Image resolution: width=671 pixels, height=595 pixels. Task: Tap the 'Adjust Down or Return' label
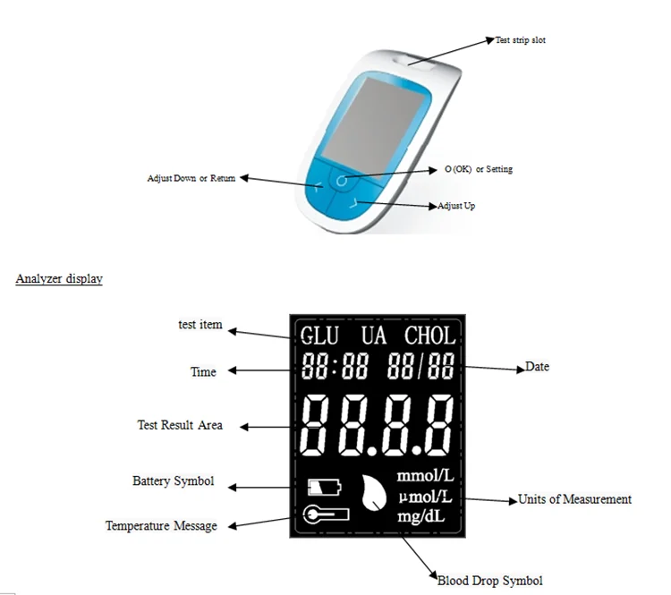(191, 178)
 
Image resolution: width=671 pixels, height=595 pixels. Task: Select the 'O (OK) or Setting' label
(479, 169)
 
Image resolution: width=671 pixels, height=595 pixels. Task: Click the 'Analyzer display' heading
(59, 279)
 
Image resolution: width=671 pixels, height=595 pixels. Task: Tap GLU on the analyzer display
(319, 336)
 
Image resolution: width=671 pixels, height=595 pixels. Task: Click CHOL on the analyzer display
(429, 336)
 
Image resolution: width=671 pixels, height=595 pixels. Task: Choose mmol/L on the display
(424, 478)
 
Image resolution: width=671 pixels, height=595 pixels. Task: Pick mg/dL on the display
(424, 516)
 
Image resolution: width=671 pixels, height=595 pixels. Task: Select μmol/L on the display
(424, 497)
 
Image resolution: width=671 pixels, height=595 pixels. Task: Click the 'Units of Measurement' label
(574, 499)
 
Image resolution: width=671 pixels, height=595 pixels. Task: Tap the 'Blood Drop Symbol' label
(489, 581)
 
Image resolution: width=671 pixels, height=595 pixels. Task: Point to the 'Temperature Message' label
(161, 526)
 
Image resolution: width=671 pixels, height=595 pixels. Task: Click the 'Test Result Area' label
(180, 425)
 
